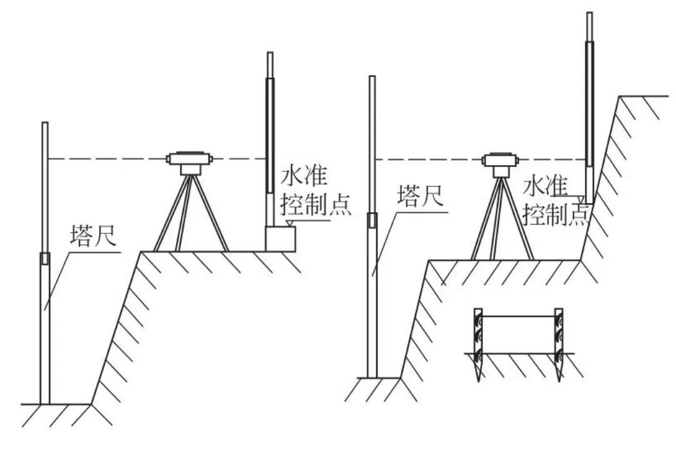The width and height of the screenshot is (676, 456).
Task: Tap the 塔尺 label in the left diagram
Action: click(92, 238)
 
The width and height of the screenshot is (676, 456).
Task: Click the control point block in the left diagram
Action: click(280, 239)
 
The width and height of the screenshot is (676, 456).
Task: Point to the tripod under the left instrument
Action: click(190, 216)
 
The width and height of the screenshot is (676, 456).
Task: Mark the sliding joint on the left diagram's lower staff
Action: click(44, 258)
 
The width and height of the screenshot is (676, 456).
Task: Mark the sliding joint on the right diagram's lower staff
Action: click(372, 220)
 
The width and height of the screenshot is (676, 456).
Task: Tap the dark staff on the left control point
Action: click(270, 134)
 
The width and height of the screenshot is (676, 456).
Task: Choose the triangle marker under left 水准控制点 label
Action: click(288, 223)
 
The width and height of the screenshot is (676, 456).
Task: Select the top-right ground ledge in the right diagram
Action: click(645, 96)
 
